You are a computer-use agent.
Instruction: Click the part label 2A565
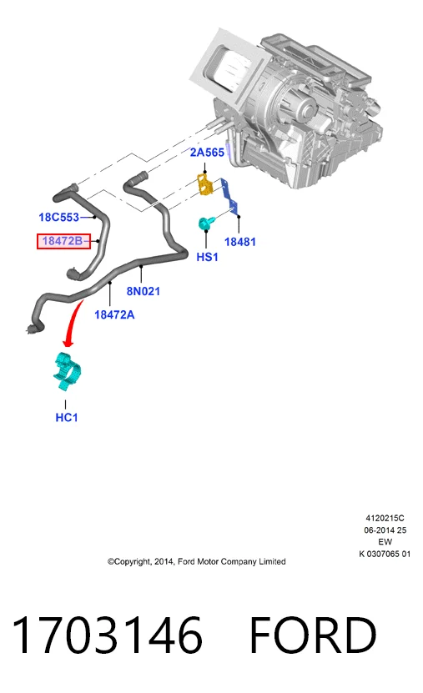tap(207, 153)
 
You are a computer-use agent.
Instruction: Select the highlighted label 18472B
tap(63, 241)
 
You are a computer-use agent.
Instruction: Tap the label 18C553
tap(58, 217)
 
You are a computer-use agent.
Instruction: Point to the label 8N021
tap(144, 291)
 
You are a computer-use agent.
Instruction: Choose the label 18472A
tap(114, 314)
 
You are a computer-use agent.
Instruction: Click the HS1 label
tap(207, 257)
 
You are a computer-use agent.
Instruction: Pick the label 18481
tap(240, 242)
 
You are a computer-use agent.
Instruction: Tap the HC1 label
tap(66, 417)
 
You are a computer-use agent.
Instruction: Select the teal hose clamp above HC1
tap(68, 371)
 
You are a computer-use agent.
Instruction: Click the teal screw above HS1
tap(205, 223)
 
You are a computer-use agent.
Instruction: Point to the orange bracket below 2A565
tap(204, 184)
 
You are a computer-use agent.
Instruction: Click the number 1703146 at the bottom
tap(108, 635)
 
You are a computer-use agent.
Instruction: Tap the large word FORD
tap(313, 635)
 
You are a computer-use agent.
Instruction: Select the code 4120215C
tap(385, 518)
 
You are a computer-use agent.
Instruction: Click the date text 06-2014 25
tap(385, 530)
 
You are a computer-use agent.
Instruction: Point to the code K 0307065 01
tap(385, 554)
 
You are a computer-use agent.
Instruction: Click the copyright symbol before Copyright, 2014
tap(110, 562)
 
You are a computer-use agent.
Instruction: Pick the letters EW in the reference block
tap(385, 542)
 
